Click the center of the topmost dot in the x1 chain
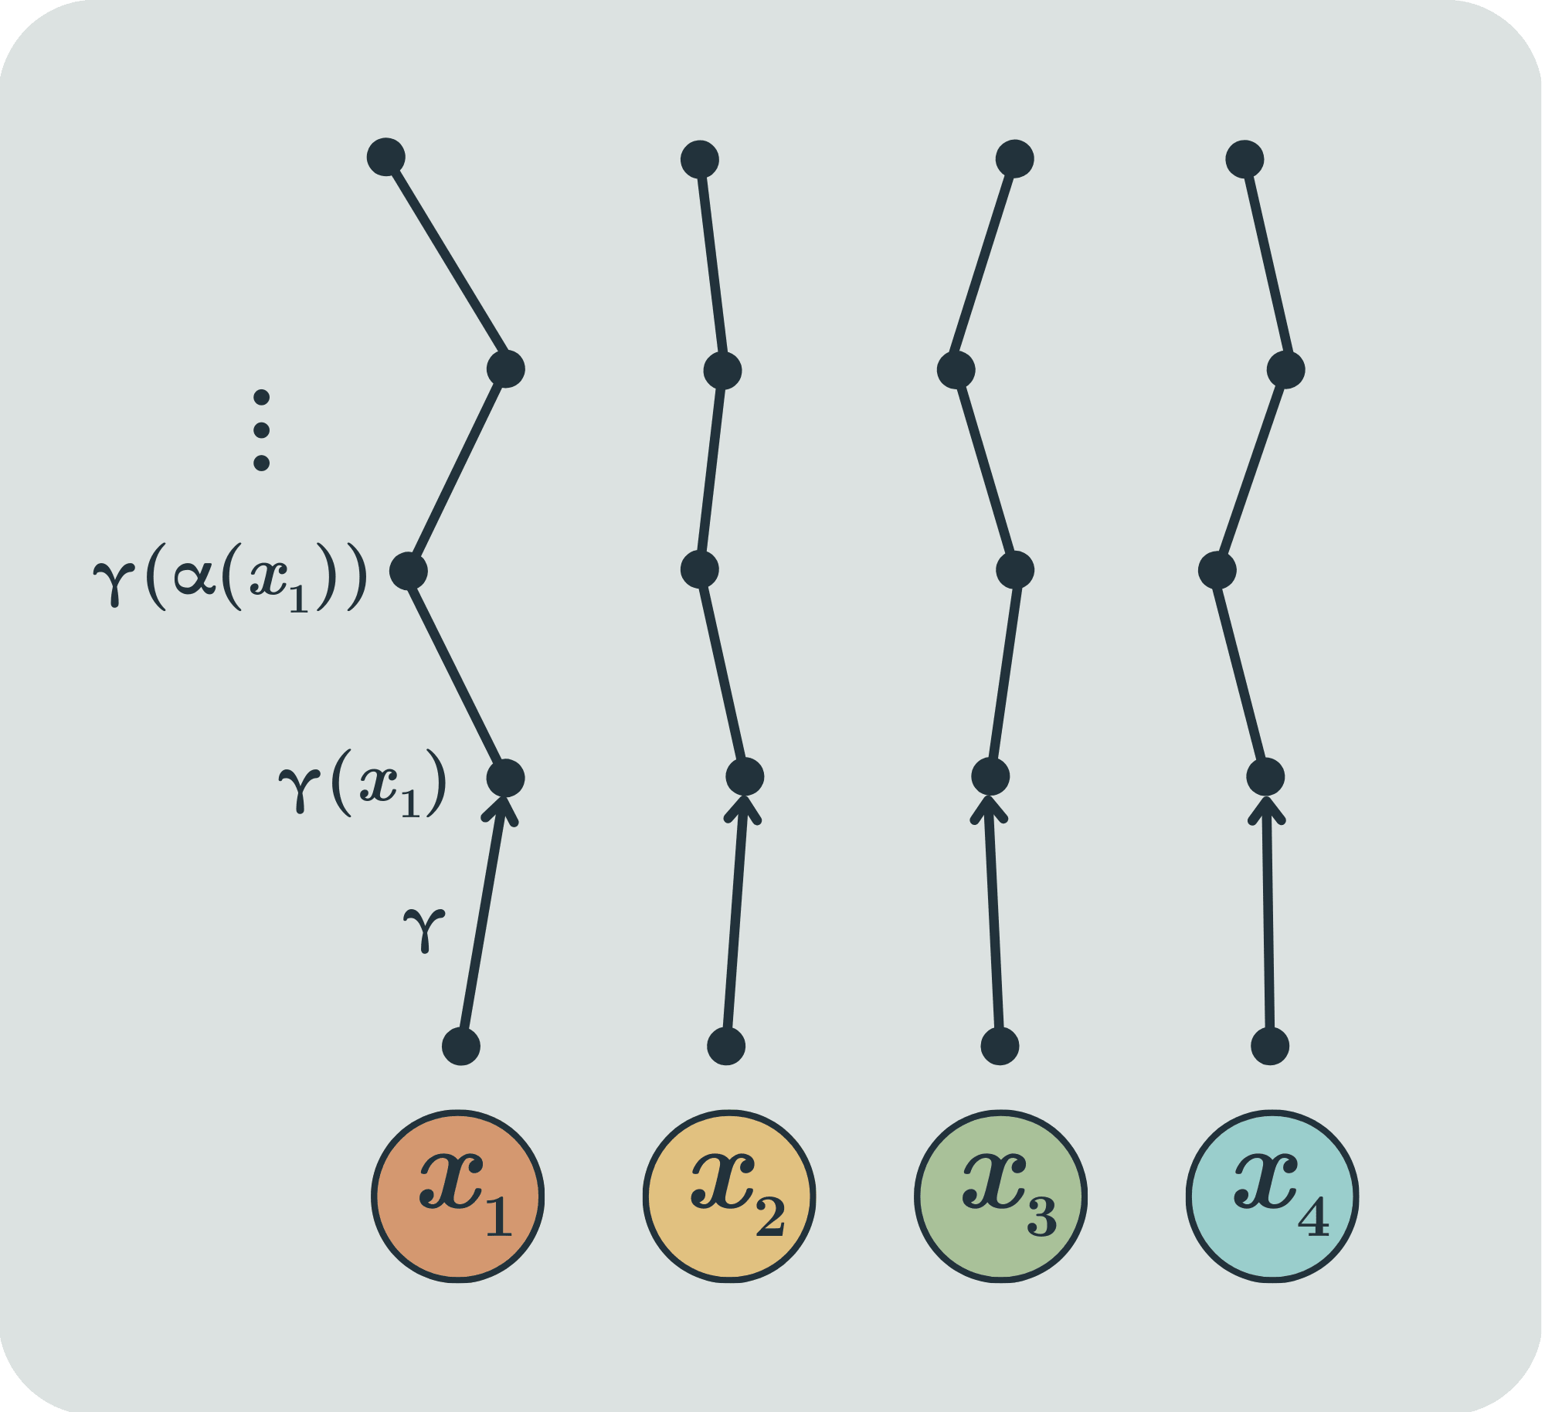[386, 158]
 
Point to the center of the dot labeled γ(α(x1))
[409, 572]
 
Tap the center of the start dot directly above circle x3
[1000, 1047]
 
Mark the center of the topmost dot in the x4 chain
[1244, 160]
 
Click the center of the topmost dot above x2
[700, 160]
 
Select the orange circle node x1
[458, 1196]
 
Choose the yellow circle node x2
[729, 1196]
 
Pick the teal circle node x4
[1272, 1196]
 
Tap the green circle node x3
[1001, 1196]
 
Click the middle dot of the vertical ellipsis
[262, 430]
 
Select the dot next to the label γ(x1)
[506, 778]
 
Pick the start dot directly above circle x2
[726, 1047]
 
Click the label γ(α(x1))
[229, 577]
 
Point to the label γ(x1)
[362, 783]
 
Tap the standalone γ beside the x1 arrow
[424, 929]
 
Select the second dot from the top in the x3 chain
[956, 370]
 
